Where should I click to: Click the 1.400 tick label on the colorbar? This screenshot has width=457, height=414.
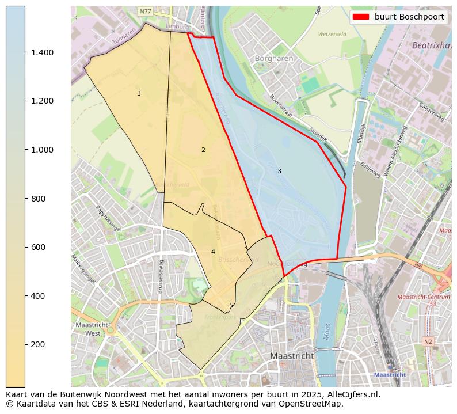click(x=42, y=52)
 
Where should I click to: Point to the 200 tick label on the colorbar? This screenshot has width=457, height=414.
click(x=37, y=344)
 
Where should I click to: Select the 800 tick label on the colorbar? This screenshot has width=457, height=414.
click(x=37, y=199)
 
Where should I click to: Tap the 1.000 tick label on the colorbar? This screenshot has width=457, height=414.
click(x=42, y=150)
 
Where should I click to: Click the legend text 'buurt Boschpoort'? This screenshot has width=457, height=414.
click(x=409, y=17)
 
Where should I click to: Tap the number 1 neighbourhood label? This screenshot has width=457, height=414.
click(x=139, y=93)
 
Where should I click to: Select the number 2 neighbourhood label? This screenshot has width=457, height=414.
click(x=203, y=150)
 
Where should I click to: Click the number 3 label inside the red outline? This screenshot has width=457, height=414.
click(x=279, y=171)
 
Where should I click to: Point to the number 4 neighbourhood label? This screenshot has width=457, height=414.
click(x=213, y=252)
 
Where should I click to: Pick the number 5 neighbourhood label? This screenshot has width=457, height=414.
click(x=231, y=306)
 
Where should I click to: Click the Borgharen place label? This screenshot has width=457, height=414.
click(x=274, y=59)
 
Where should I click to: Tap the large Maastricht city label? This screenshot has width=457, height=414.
click(x=292, y=356)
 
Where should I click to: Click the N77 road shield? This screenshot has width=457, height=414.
click(x=146, y=11)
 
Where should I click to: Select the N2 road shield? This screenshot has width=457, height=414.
click(x=428, y=341)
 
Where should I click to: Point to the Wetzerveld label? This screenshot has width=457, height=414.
click(x=332, y=34)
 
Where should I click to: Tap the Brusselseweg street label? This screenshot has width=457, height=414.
click(x=162, y=276)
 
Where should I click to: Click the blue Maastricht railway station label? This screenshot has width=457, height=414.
click(x=390, y=374)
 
